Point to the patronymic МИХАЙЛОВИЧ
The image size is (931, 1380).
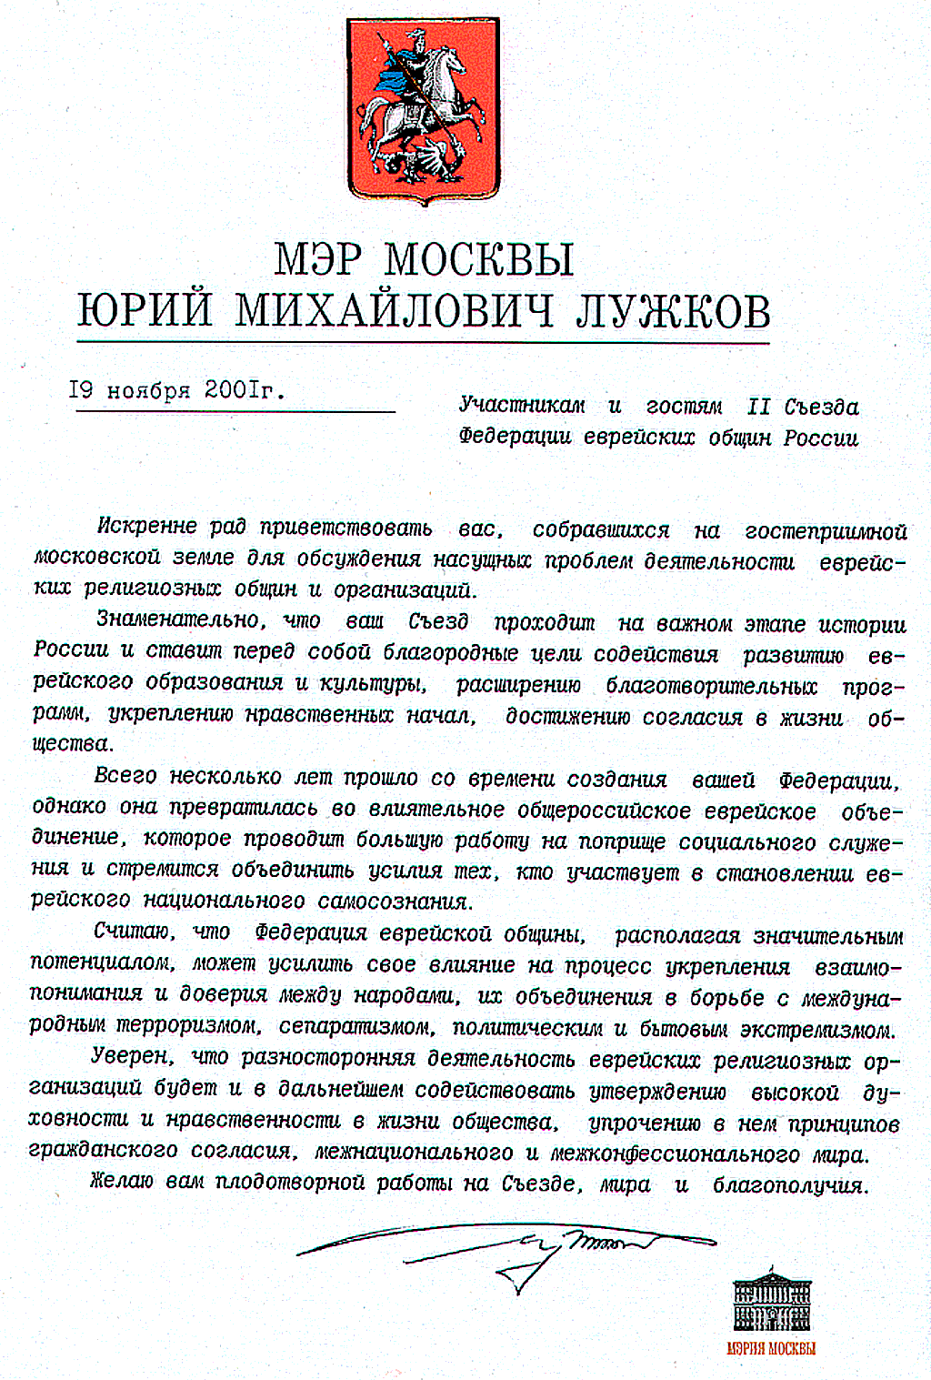394,311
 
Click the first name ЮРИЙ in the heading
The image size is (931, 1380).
145,311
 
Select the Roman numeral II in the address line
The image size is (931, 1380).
758,407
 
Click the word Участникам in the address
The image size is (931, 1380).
522,406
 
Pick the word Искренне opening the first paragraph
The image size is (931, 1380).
147,527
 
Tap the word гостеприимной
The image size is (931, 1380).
826,530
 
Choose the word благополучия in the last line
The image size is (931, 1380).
790,1185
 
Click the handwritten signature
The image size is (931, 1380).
509,1251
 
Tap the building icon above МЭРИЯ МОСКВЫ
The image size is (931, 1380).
772,1303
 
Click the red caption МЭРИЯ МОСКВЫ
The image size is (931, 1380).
771,1348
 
